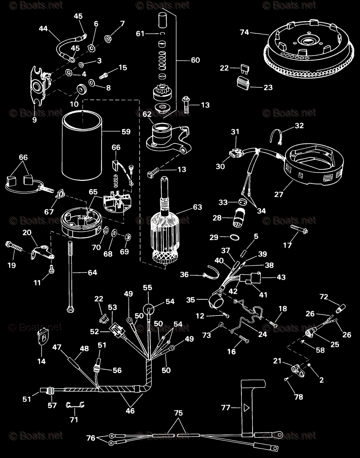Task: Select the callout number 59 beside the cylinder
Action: [x=125, y=132]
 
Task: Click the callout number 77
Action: [x=226, y=408]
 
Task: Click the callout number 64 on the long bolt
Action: [x=92, y=273]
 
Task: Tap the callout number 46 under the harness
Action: [x=130, y=411]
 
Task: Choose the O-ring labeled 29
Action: [x=235, y=237]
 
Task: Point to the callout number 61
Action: [x=141, y=34]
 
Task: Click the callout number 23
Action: [x=268, y=87]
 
